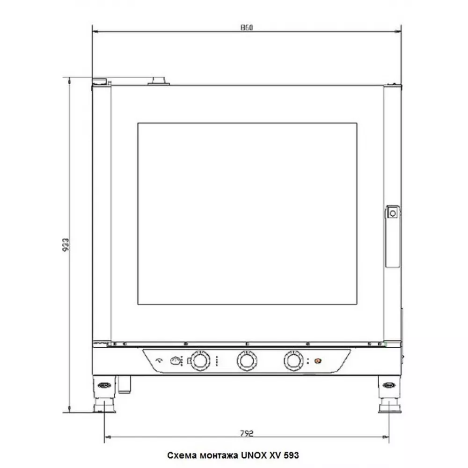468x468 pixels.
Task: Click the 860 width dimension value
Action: (x=247, y=28)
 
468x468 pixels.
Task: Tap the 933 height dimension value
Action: (x=66, y=244)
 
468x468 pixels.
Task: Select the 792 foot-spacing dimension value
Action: (x=247, y=433)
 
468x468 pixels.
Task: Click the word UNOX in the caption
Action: (x=254, y=455)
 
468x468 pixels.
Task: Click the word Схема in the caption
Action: (x=182, y=455)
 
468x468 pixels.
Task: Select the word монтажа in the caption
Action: (x=219, y=455)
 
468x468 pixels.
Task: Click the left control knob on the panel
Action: (x=200, y=361)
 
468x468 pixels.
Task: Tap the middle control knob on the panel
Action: (x=247, y=361)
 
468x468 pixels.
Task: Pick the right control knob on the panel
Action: (x=294, y=361)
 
